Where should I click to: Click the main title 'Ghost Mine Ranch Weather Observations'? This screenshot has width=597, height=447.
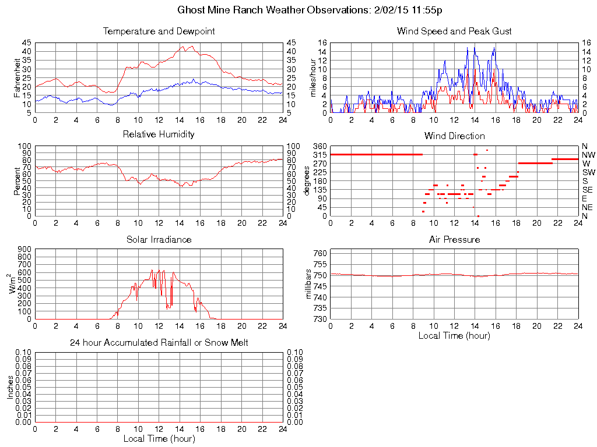[298, 10]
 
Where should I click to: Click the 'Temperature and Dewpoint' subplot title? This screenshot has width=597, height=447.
[159, 31]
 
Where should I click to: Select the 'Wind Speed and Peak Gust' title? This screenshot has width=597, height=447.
[454, 31]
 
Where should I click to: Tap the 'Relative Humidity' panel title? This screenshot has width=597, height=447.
[159, 134]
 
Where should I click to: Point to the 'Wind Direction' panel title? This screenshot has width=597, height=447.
[454, 136]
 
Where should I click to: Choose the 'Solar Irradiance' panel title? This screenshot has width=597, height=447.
[159, 239]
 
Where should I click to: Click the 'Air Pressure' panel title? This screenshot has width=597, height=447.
[454, 239]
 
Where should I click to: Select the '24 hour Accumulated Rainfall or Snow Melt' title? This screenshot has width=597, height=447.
[159, 343]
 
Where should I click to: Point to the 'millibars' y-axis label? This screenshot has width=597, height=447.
[310, 285]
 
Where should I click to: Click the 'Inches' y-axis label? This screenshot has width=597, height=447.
[10, 388]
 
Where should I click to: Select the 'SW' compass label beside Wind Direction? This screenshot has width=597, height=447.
[588, 172]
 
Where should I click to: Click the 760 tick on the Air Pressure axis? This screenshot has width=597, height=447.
[321, 253]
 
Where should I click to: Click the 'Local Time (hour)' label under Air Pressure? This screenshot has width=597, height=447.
[454, 335]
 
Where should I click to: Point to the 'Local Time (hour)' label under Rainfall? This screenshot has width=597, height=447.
[159, 438]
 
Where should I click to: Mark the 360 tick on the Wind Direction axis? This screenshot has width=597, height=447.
[318, 146]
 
